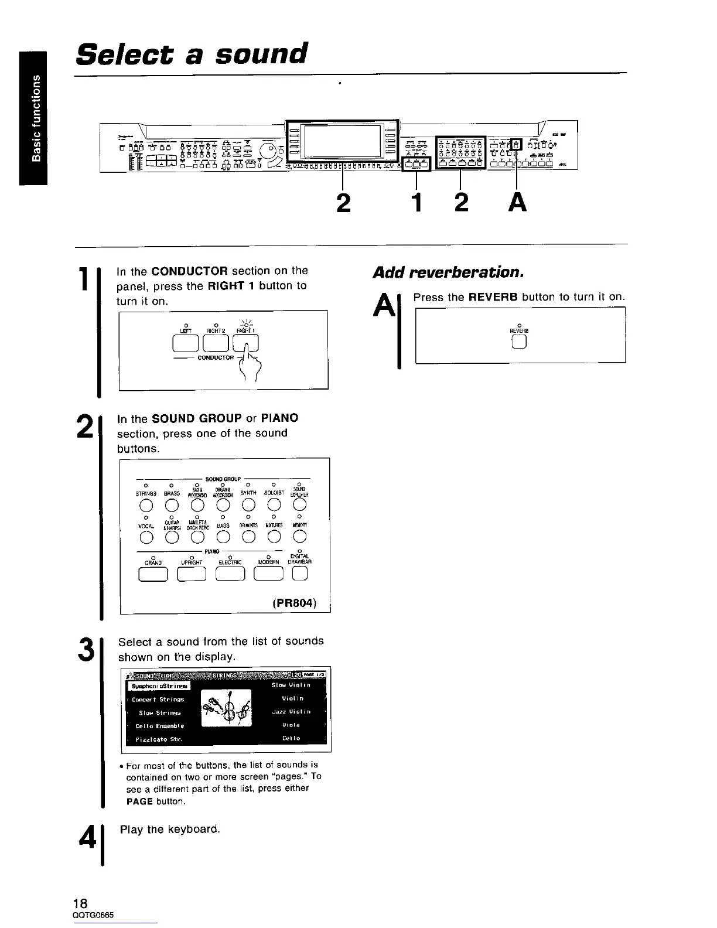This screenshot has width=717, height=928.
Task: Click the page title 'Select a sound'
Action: click(192, 54)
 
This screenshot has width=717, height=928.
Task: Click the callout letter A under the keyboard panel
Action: click(517, 203)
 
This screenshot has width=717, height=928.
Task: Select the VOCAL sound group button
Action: click(146, 536)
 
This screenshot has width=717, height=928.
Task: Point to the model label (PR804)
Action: click(295, 602)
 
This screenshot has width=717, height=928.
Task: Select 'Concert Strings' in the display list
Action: click(158, 699)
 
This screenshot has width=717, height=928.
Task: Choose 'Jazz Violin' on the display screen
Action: click(291, 712)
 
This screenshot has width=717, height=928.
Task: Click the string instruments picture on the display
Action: click(226, 708)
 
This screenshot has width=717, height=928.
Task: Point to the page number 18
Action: click(81, 902)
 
